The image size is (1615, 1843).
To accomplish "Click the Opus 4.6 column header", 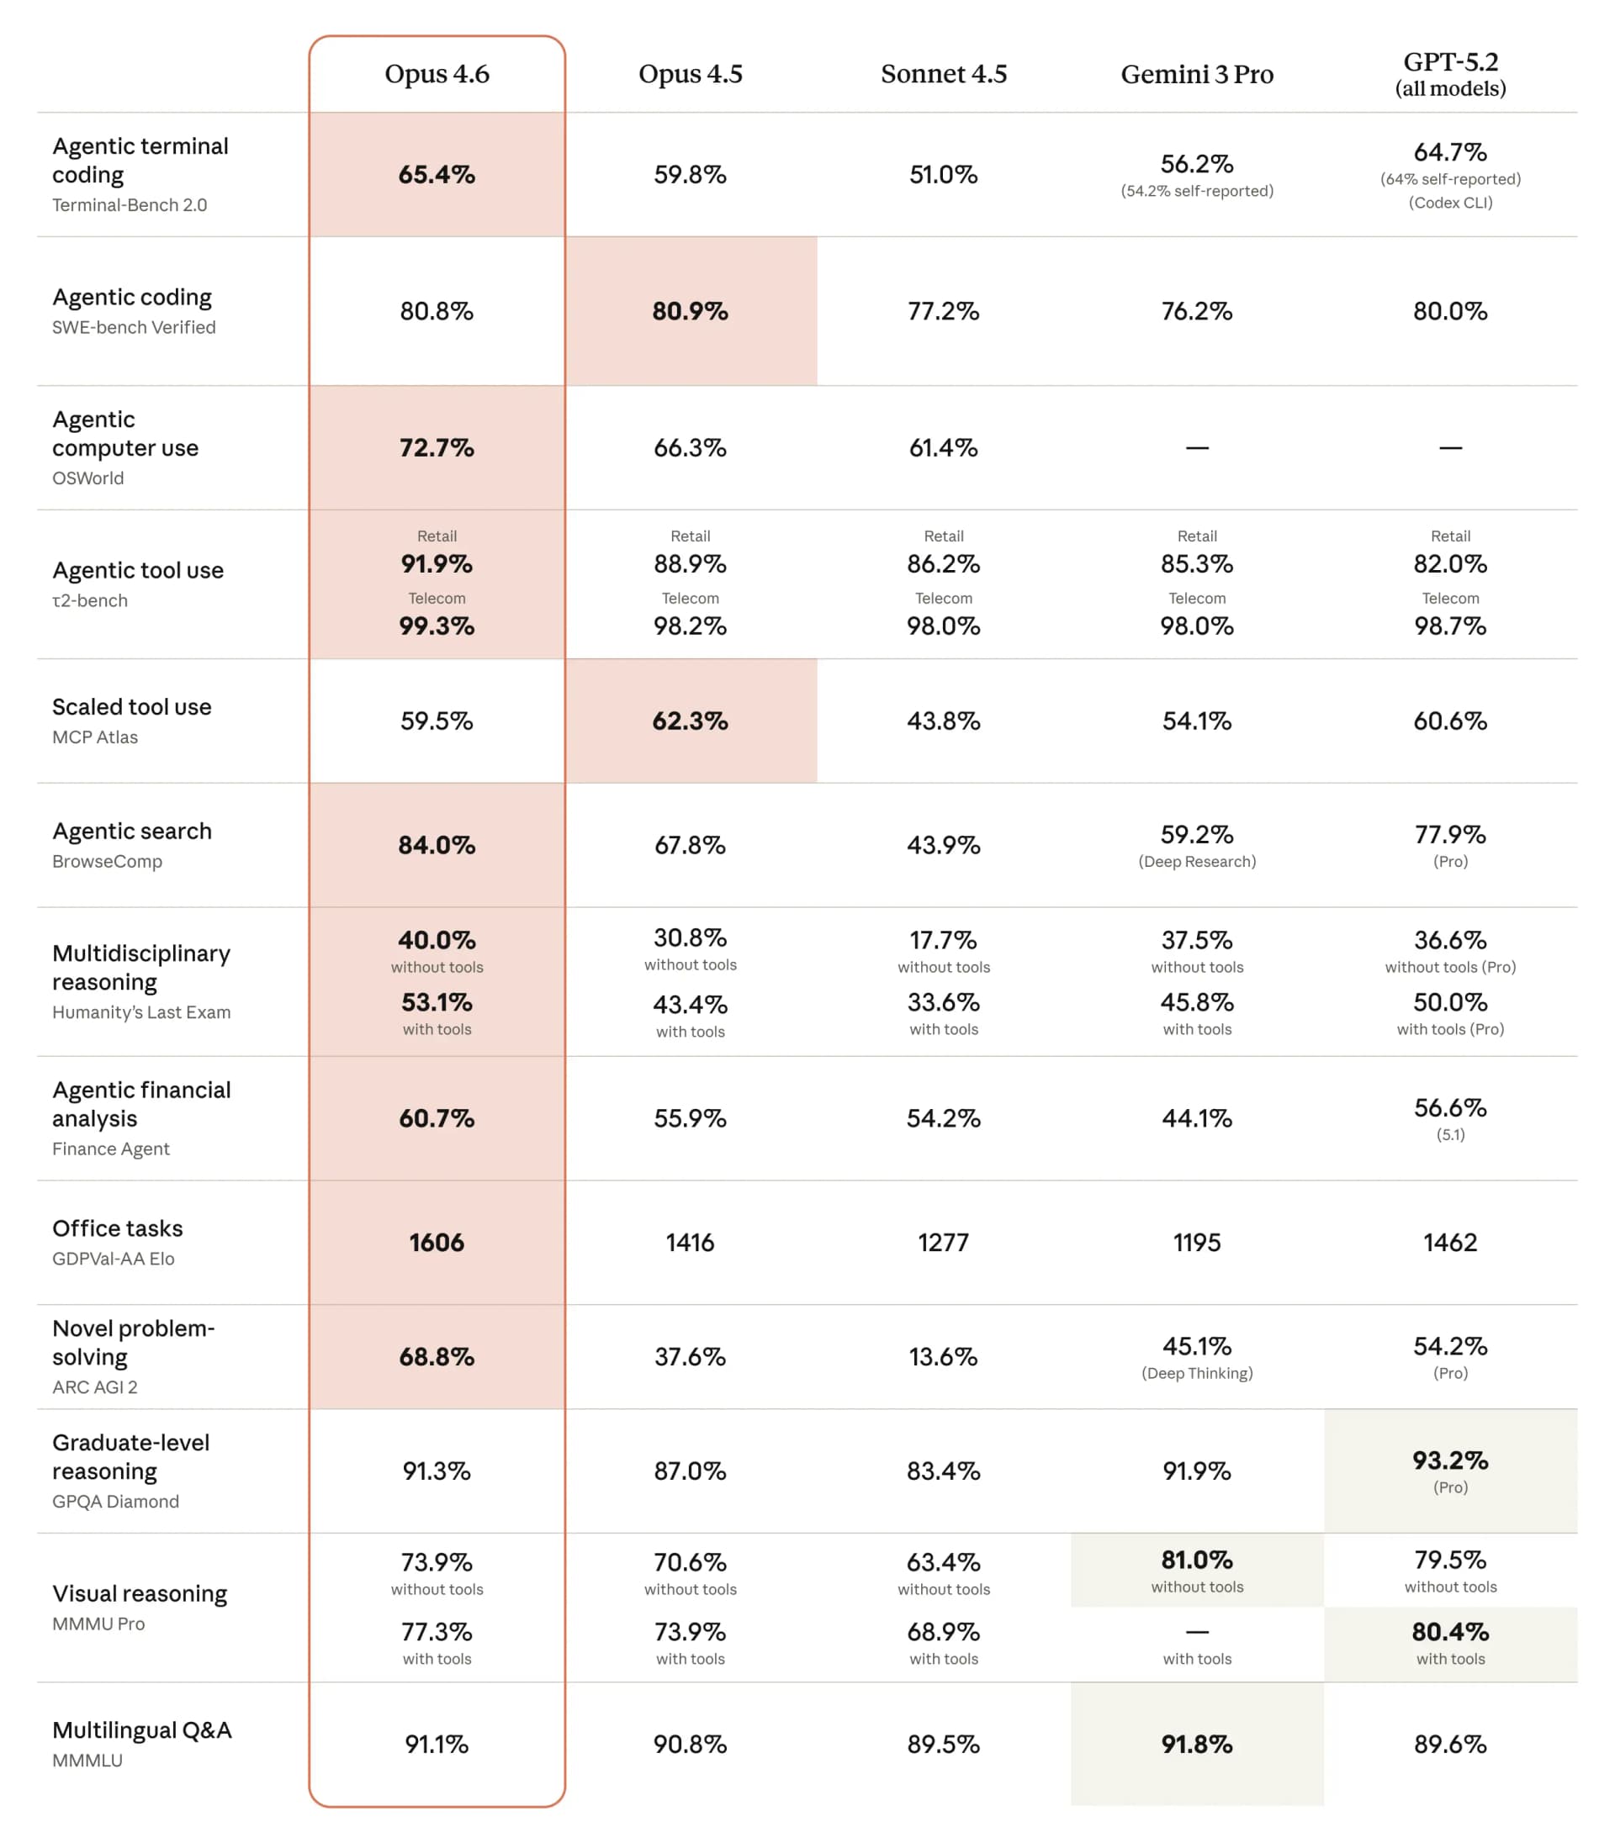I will coord(437,74).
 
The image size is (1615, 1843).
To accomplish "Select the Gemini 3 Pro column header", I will coord(1197,74).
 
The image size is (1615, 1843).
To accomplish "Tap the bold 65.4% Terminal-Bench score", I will coord(437,174).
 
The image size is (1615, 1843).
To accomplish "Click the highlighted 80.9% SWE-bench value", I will coord(691,311).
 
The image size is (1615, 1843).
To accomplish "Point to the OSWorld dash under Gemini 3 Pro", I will coord(1197,447).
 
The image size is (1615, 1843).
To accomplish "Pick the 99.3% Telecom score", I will coord(437,626).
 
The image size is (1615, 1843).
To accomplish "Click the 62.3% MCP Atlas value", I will coord(691,721).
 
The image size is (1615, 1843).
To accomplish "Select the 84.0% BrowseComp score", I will coord(437,845).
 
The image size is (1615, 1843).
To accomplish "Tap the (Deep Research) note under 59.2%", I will coord(1197,861).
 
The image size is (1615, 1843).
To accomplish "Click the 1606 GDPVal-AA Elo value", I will coord(437,1242).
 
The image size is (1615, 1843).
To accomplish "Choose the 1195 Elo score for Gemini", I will coord(1197,1242).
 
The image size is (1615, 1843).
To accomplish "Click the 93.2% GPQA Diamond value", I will coord(1450,1460).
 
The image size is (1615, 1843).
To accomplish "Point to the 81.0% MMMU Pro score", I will coord(1197,1560).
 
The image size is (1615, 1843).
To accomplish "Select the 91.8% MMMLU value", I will coord(1197,1744).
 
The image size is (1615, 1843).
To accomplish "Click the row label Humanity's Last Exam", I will coord(141,1011).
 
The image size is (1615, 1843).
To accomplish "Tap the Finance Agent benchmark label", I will coord(111,1149).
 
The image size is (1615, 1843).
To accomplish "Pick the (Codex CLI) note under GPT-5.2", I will coord(1450,203).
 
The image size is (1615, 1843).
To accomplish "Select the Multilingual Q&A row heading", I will coord(141,1729).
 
